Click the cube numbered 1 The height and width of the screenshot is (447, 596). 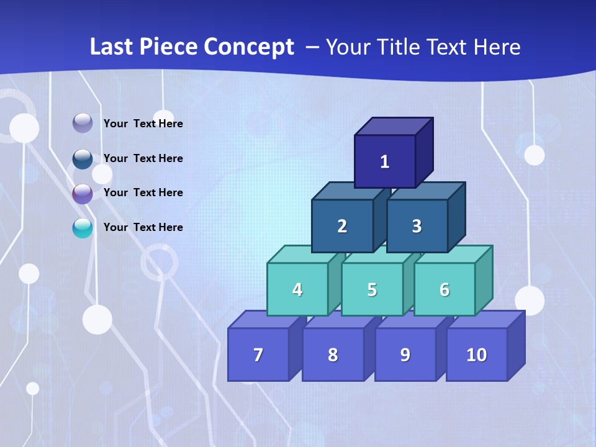385,161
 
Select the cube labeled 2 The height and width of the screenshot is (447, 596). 342,226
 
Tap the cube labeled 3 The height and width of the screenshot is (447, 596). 417,226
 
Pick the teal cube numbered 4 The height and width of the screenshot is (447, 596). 297,289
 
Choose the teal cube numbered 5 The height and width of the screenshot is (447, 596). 372,289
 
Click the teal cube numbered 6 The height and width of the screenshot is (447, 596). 445,289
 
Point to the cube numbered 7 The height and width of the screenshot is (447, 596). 258,354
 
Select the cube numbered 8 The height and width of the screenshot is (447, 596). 333,354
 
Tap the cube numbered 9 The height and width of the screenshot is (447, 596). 405,354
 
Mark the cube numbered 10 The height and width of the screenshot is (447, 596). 477,354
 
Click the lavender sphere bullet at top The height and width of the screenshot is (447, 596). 83,124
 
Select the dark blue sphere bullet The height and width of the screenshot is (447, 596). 83,159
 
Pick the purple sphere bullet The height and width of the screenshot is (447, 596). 83,194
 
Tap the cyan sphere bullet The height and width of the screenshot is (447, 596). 83,228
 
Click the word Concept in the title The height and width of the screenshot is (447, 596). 249,47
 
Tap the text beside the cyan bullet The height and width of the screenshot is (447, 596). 143,227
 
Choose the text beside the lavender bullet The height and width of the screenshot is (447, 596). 143,124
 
